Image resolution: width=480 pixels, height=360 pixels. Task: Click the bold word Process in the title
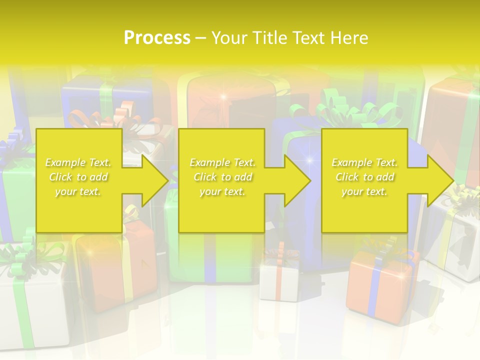pos(157,37)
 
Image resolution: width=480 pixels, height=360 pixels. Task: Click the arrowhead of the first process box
pos(155,180)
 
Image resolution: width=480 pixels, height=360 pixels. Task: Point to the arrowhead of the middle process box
pos(297,180)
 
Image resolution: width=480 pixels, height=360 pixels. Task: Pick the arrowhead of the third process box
pos(440,180)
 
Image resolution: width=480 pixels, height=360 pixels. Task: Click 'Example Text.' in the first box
pos(78,162)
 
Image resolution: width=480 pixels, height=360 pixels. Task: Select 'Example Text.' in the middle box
pos(222,162)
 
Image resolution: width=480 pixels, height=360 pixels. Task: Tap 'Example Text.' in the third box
pos(364,162)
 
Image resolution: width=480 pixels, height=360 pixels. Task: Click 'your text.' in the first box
pos(78,191)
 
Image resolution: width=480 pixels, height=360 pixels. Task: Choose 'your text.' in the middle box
pos(222,191)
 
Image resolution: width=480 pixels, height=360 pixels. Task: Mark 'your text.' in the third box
pos(364,191)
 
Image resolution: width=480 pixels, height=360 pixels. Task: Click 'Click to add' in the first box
pos(78,177)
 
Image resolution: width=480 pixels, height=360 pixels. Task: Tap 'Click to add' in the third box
pos(364,177)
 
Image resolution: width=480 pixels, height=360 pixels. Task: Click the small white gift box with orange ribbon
pos(280,280)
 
